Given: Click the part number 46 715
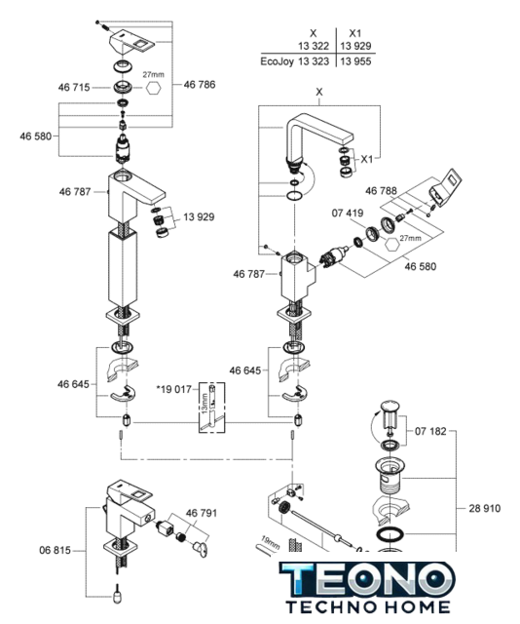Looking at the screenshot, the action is coord(74,87).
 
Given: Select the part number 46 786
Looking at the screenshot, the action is coord(200,85).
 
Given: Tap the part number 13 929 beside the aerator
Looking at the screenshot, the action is coord(199,216).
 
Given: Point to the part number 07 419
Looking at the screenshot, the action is coord(348,213).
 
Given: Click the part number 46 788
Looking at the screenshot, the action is coord(381,191).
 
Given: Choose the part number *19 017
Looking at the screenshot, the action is coord(174,389).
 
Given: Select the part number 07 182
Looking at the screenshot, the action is coord(430,431).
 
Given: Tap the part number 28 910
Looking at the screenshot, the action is coord(485,508).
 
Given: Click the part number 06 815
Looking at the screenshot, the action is coord(55,550).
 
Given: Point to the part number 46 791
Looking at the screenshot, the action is coord(202,513).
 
